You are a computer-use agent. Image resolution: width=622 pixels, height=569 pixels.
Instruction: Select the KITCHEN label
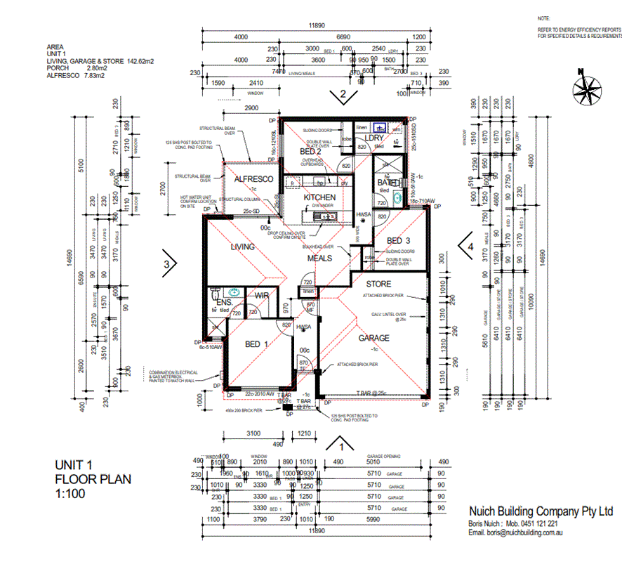pyautogui.click(x=319, y=198)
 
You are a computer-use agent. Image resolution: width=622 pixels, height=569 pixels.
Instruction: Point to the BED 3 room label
pyautogui.click(x=398, y=240)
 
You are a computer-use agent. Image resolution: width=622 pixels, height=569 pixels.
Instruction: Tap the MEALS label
pyautogui.click(x=319, y=259)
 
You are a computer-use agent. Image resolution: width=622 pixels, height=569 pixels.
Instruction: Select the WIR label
pyautogui.click(x=262, y=296)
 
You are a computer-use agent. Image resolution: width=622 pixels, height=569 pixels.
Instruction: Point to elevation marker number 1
pyautogui.click(x=342, y=445)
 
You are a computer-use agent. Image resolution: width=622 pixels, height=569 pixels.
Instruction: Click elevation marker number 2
pyautogui.click(x=343, y=95)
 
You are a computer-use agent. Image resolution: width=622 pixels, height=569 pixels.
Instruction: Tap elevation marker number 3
pyautogui.click(x=167, y=264)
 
